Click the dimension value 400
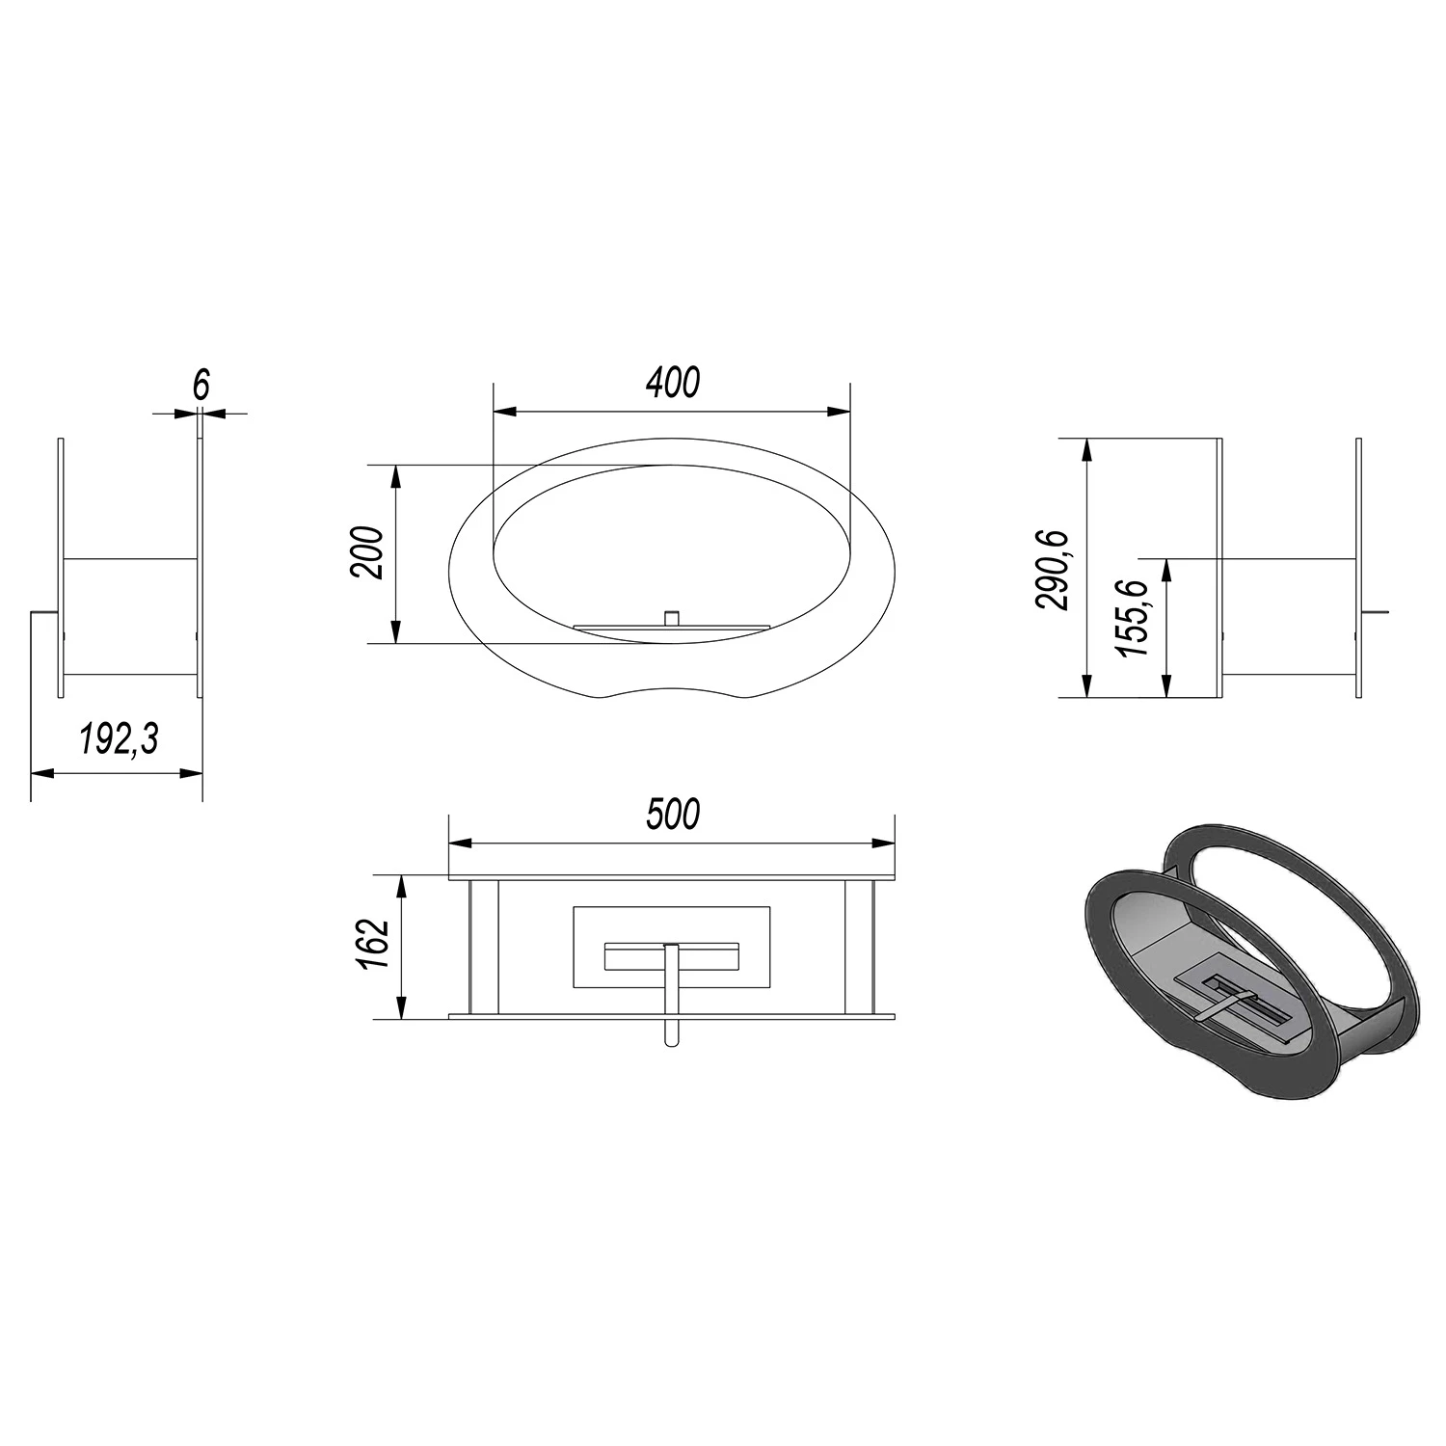[673, 383]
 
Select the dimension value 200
[368, 552]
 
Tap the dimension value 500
[673, 815]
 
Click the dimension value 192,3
[118, 739]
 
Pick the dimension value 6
[201, 385]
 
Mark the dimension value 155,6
[1133, 618]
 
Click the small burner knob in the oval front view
[672, 617]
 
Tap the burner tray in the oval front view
[672, 629]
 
